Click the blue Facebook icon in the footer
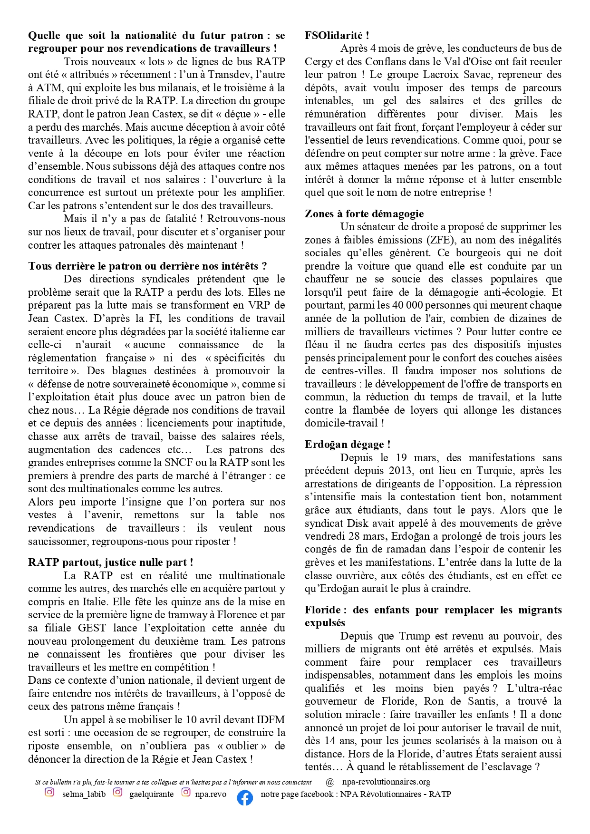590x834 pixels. [x=244, y=798]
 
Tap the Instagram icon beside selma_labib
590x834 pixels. [x=49, y=792]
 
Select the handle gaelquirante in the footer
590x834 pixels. [x=151, y=794]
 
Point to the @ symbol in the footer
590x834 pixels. [x=330, y=782]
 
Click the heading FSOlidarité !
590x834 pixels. [x=337, y=35]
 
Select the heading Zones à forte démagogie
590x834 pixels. [x=364, y=213]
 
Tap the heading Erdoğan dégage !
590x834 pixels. [x=348, y=444]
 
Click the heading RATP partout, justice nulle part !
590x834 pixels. [x=110, y=562]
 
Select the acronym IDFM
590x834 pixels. [x=271, y=719]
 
